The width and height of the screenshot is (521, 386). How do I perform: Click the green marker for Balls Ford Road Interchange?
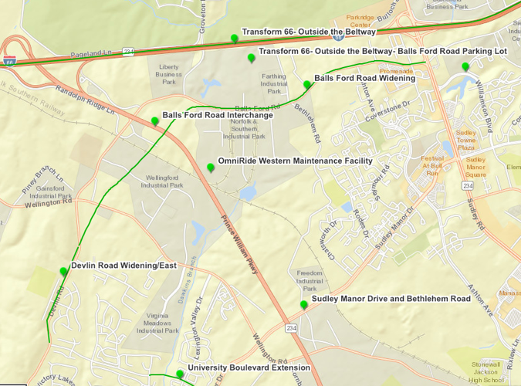pyautogui.click(x=155, y=120)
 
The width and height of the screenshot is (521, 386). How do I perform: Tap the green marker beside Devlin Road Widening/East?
pyautogui.click(x=63, y=271)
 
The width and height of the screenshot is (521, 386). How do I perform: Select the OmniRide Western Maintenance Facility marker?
pyautogui.click(x=211, y=168)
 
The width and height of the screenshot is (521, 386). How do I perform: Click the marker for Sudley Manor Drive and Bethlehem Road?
pyautogui.click(x=304, y=304)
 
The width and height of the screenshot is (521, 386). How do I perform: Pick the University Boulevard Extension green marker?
pyautogui.click(x=180, y=374)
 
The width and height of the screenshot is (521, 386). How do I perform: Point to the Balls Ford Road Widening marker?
pyautogui.click(x=306, y=84)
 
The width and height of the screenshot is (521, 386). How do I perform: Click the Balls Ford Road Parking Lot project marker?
pyautogui.click(x=251, y=58)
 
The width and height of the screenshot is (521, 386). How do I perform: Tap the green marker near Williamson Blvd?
pyautogui.click(x=465, y=66)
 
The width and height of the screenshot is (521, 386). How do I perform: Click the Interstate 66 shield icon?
pyautogui.click(x=8, y=61)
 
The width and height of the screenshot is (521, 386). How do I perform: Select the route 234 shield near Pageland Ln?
pyautogui.click(x=129, y=52)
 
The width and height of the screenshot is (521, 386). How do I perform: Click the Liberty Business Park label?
pyautogui.click(x=169, y=74)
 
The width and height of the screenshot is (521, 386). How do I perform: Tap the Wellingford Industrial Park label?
pyautogui.click(x=163, y=181)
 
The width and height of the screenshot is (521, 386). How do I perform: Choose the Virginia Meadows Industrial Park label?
pyautogui.click(x=157, y=323)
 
